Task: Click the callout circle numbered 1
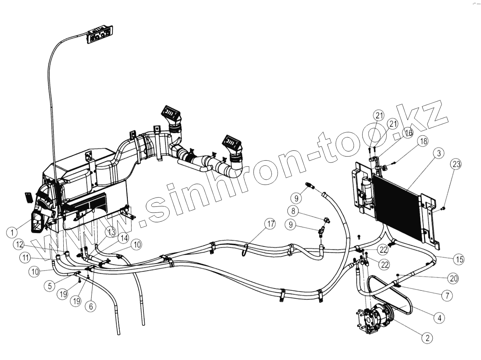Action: tap(13, 233)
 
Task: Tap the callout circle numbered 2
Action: tap(427, 338)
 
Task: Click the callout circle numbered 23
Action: tap(457, 164)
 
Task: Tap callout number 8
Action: tap(294, 211)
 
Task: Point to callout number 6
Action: tap(89, 306)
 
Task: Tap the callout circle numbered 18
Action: tap(423, 140)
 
